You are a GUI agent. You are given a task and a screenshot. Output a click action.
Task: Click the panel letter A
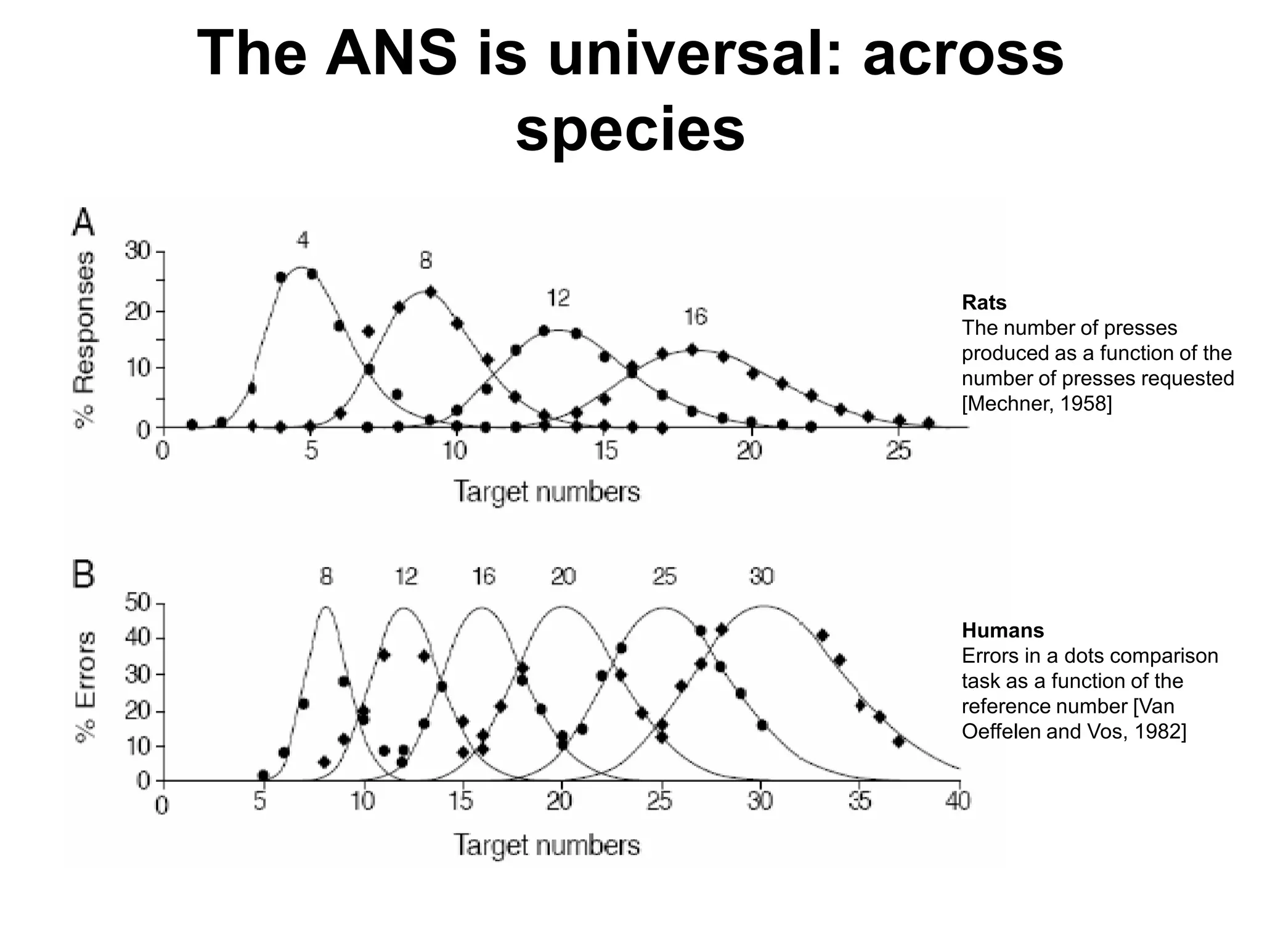(84, 223)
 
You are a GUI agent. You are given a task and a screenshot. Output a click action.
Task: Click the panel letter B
(84, 575)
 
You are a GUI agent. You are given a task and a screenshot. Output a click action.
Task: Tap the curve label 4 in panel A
(302, 240)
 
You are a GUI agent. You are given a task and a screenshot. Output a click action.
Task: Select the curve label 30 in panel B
(762, 576)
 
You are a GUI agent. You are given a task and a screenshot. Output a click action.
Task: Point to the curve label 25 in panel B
(664, 576)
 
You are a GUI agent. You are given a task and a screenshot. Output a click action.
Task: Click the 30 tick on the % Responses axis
(137, 252)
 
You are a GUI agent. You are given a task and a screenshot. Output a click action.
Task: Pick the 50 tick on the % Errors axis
(137, 602)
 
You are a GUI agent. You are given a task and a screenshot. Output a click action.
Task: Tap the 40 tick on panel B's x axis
(957, 801)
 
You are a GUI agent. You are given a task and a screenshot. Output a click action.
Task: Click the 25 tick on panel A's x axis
(898, 451)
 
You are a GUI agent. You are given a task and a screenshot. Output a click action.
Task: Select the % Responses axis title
(85, 339)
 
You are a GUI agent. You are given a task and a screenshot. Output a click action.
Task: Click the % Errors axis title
(85, 688)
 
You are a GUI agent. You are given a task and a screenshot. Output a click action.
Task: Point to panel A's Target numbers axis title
(547, 492)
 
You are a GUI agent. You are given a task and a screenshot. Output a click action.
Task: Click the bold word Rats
(984, 303)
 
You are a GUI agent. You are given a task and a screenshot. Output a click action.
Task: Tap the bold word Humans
(1003, 630)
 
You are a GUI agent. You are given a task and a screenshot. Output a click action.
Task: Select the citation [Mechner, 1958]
(1036, 404)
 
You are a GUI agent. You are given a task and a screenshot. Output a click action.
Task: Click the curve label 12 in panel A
(558, 298)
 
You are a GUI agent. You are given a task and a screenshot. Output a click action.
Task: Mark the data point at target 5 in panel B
(263, 775)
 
